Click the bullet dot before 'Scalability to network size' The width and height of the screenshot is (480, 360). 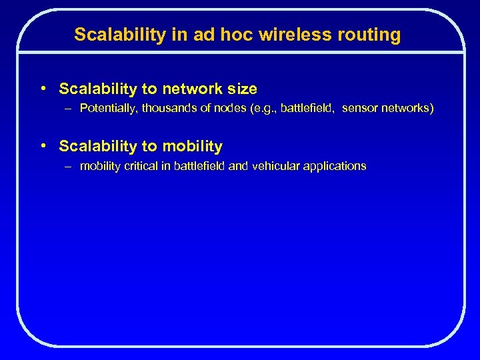[x=43, y=88]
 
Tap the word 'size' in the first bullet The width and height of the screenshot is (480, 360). [x=241, y=89]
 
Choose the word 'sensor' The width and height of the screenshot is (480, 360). [x=361, y=109]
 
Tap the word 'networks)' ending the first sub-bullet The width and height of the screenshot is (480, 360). [x=407, y=109]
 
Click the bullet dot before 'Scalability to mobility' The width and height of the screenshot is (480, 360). [x=43, y=145]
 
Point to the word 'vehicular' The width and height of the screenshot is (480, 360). [x=275, y=166]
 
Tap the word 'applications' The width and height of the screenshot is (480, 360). [x=335, y=166]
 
